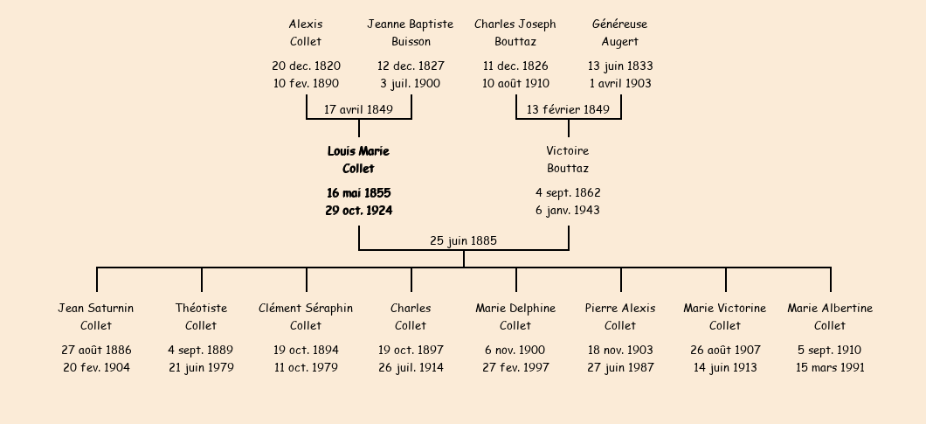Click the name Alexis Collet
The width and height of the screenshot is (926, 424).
(306, 32)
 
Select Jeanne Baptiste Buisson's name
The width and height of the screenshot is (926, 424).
(411, 32)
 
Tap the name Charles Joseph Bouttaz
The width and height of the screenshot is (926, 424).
(515, 32)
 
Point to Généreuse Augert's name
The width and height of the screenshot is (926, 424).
(620, 32)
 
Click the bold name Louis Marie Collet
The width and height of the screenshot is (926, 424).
(358, 160)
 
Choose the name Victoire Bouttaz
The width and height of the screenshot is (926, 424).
(568, 160)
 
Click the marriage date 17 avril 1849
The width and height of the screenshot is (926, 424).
(358, 109)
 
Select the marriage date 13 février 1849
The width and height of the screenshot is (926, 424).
(568, 109)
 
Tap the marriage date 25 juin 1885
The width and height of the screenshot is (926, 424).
(464, 240)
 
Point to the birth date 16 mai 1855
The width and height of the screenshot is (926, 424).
(358, 193)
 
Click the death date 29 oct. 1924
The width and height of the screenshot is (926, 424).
(358, 211)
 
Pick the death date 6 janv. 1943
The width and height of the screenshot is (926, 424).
(568, 211)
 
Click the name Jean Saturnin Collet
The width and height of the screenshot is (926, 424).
(96, 317)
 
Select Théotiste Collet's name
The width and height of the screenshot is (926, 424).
(202, 317)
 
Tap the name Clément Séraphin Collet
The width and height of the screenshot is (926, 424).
(306, 317)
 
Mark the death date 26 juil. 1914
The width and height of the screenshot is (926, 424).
(411, 368)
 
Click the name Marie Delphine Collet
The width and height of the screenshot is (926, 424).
(515, 317)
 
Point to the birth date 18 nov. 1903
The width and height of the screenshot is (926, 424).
(620, 350)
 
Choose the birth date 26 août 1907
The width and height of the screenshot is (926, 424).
(725, 350)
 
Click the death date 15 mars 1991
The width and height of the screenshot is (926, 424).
(830, 368)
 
